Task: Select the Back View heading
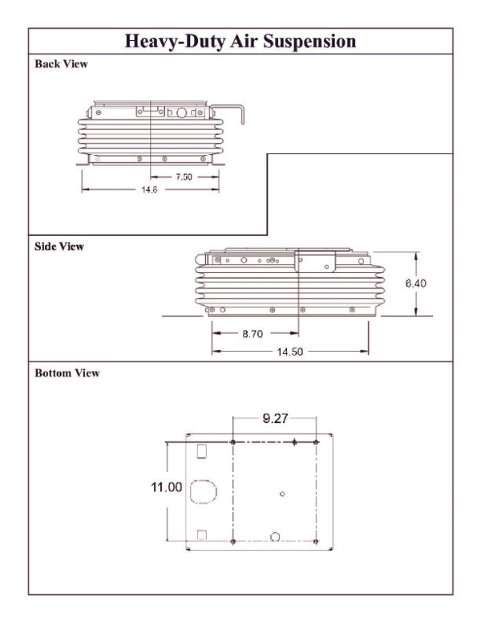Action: [x=61, y=64]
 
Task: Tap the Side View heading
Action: [x=59, y=246]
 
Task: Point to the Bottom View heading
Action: [x=67, y=373]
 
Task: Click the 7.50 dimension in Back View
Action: [x=184, y=177]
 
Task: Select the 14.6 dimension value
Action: [x=149, y=189]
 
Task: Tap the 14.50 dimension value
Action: [x=291, y=351]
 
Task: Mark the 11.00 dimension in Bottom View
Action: [x=167, y=487]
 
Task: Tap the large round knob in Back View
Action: [x=181, y=114]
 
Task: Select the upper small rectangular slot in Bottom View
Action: [x=202, y=450]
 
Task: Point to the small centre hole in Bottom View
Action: [x=281, y=494]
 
